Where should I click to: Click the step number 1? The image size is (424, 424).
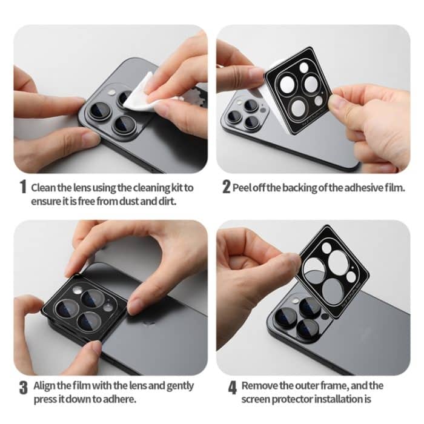coord(22,188)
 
